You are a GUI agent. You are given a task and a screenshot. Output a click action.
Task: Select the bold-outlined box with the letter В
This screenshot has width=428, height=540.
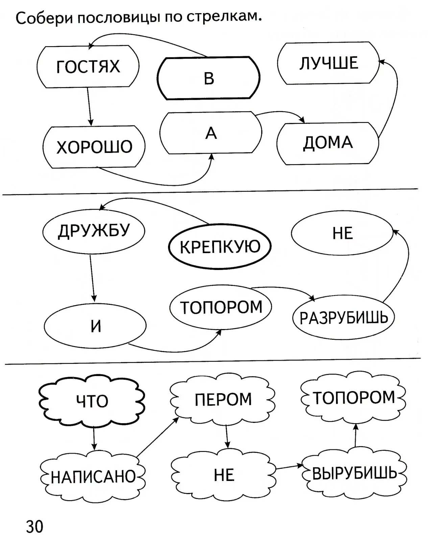(x=209, y=78)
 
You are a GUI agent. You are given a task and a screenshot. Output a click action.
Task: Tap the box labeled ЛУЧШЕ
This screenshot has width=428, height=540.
(x=328, y=63)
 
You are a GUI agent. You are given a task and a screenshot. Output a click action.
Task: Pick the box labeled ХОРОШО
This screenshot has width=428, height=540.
(x=94, y=147)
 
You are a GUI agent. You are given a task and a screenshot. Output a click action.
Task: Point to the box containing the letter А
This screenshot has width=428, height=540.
(x=211, y=133)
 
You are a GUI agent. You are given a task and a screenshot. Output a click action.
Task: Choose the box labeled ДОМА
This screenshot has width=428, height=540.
(x=328, y=143)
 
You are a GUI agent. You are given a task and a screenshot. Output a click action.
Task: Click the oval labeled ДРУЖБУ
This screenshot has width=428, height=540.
(x=94, y=231)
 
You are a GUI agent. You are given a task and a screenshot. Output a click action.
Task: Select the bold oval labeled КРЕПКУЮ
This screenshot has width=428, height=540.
(x=220, y=246)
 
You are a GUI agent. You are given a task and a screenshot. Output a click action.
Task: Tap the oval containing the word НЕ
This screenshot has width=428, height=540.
(x=342, y=233)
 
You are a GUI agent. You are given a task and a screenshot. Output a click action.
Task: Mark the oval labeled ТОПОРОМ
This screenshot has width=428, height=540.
(x=221, y=307)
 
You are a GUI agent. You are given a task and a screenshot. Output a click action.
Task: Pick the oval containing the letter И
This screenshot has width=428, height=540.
(x=95, y=326)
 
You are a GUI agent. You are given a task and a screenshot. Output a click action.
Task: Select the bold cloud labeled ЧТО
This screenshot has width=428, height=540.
(x=92, y=401)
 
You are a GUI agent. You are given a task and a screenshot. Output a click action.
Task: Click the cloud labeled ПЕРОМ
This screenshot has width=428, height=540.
(x=223, y=399)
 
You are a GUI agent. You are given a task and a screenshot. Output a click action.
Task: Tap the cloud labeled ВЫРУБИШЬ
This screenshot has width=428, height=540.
(x=354, y=474)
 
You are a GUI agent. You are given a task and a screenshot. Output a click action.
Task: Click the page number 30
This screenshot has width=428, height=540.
(x=34, y=526)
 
